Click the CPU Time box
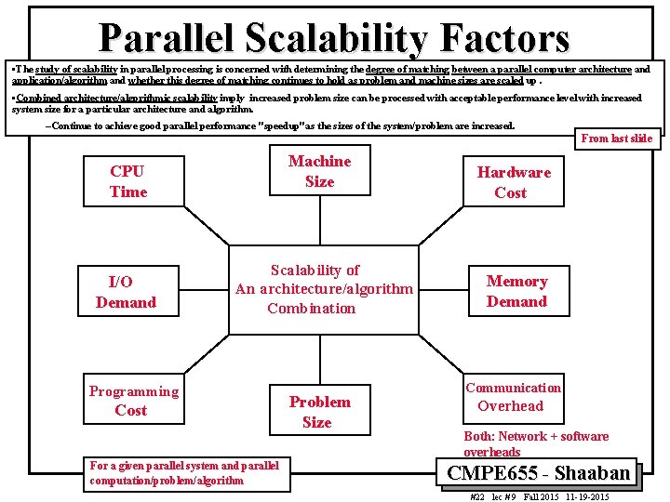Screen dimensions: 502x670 pyautogui.click(x=128, y=181)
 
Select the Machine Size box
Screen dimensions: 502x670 pyautogui.click(x=319, y=172)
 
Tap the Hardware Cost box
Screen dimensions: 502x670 pyautogui.click(x=514, y=182)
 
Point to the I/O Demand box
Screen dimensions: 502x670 pyautogui.click(x=126, y=291)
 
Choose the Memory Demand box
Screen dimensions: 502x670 pyautogui.click(x=516, y=291)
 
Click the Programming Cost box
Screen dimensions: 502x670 pyautogui.click(x=133, y=401)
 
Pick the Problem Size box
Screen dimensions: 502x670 pyautogui.click(x=319, y=412)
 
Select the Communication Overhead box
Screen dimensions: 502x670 pyautogui.click(x=513, y=397)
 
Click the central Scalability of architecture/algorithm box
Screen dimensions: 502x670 pyautogui.click(x=323, y=289)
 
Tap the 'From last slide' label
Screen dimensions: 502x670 pyautogui.click(x=616, y=139)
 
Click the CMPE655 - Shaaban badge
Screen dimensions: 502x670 pyautogui.click(x=538, y=472)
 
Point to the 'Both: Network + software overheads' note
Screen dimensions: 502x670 pyautogui.click(x=536, y=443)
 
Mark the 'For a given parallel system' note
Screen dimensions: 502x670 pyautogui.click(x=183, y=473)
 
